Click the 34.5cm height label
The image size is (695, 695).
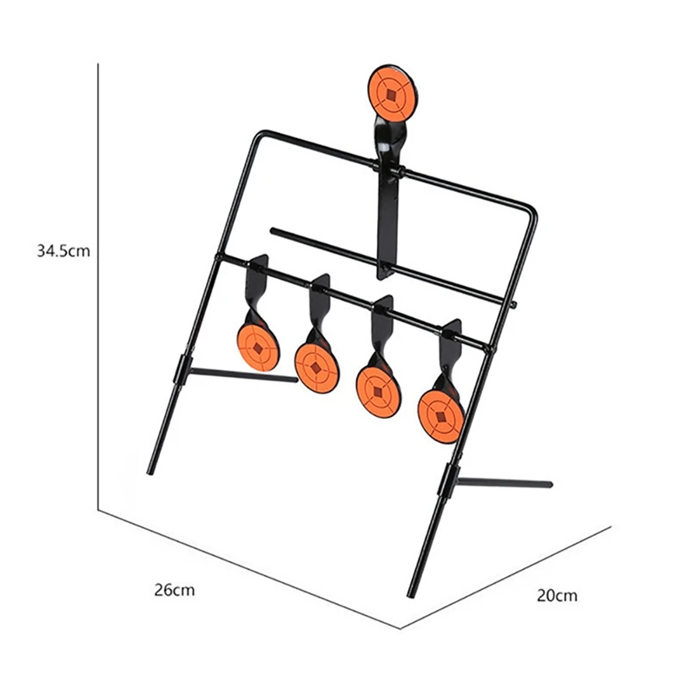(x=63, y=251)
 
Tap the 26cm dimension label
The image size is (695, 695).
(x=175, y=590)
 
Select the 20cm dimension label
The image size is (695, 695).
(x=557, y=595)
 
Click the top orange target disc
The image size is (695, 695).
(x=391, y=94)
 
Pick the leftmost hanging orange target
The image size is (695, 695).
(x=258, y=347)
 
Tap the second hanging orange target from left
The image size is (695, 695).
(x=316, y=367)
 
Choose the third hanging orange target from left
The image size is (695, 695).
(x=378, y=392)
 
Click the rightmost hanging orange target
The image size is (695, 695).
(x=440, y=417)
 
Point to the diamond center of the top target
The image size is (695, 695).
(x=391, y=95)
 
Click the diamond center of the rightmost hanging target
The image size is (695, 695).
(x=441, y=417)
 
